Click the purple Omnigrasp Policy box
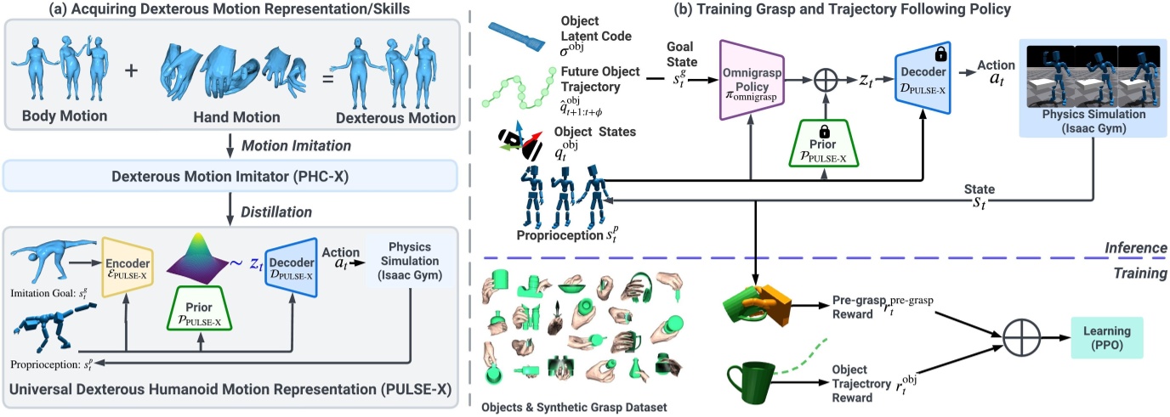[751, 79]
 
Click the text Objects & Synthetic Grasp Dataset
[576, 407]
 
